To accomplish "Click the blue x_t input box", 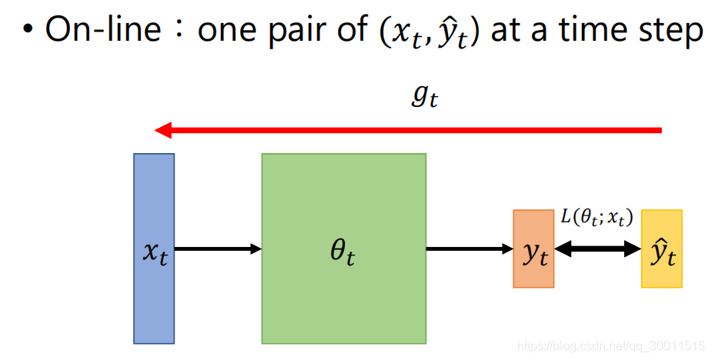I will (x=154, y=248).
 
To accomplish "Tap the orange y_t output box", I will (x=533, y=248).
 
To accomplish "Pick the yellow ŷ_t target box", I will (x=661, y=248).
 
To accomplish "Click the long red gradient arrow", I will (x=408, y=131).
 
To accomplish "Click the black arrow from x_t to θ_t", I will (x=218, y=248).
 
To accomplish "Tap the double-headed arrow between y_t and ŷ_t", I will (x=597, y=248).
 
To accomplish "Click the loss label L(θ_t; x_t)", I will (x=597, y=218).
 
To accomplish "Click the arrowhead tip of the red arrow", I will (x=158, y=131).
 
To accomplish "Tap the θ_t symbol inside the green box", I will (x=343, y=254).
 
